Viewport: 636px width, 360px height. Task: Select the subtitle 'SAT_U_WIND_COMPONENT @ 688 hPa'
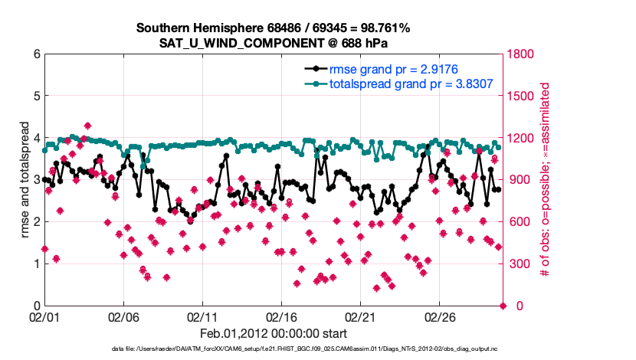click(x=274, y=42)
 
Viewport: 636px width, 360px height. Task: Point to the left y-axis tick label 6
click(x=36, y=54)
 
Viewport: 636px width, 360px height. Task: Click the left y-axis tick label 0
click(x=36, y=306)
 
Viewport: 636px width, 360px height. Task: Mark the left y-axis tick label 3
click(x=36, y=180)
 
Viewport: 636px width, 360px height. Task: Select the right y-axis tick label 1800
click(x=522, y=54)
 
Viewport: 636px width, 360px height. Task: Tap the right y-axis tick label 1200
click(x=522, y=139)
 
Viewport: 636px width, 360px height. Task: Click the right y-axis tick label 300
click(x=519, y=264)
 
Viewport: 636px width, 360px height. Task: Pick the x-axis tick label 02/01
click(x=44, y=316)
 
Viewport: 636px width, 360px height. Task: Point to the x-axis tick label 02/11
click(x=202, y=316)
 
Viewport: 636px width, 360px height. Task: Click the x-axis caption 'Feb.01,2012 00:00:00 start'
click(x=274, y=334)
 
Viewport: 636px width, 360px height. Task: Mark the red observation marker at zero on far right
click(x=503, y=306)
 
